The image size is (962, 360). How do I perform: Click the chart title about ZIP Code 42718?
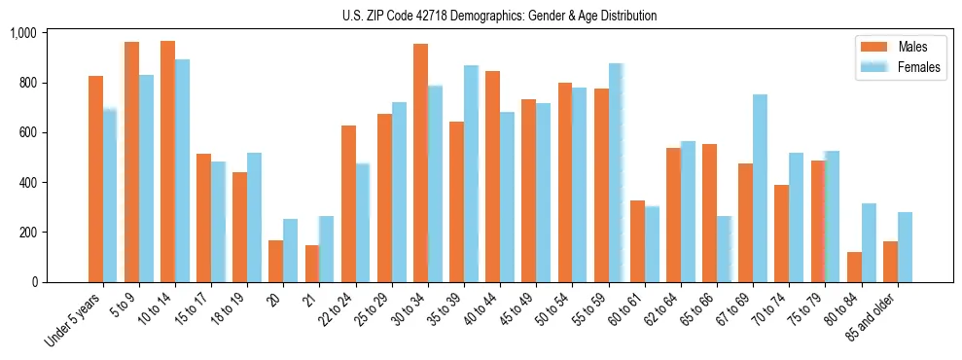click(499, 16)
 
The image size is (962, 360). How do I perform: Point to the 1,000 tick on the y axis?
click(22, 33)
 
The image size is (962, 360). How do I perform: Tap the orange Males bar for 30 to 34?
click(420, 162)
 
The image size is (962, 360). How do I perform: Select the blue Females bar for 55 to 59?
click(616, 172)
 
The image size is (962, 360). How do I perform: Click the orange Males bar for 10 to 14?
click(168, 162)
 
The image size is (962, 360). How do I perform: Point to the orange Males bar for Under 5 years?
click(95, 179)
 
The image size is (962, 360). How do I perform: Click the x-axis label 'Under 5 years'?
click(75, 321)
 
